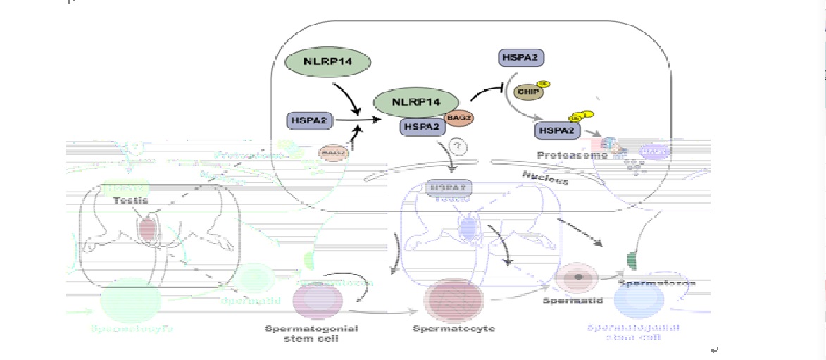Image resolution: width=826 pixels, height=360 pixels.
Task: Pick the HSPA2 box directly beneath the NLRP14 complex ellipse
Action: click(421, 127)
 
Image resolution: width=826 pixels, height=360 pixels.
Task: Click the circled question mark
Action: click(459, 147)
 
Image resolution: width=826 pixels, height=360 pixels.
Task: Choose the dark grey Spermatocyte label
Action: click(453, 329)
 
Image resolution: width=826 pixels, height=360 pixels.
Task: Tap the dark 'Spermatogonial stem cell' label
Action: click(311, 334)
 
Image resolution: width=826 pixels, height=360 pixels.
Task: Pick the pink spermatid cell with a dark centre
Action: click(577, 277)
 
